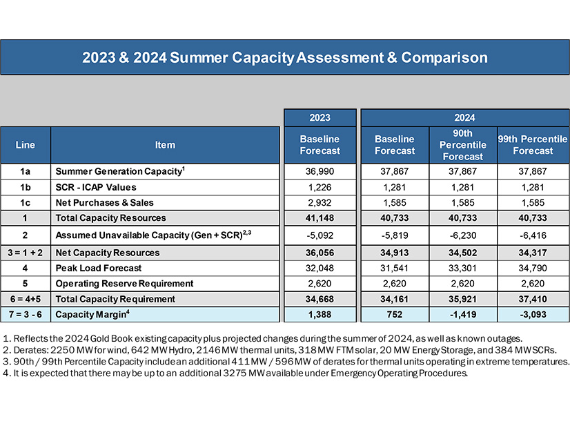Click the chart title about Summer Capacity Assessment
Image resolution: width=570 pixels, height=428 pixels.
285,57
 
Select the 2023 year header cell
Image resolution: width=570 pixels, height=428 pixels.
320,117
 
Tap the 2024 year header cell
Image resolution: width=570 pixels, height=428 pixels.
464,117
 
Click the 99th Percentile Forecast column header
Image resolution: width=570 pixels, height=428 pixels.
533,145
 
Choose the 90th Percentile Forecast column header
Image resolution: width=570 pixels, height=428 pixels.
463,145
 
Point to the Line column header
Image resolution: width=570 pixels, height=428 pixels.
25,145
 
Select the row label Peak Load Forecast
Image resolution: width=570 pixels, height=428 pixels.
99,268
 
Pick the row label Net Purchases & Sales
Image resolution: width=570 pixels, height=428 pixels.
105,203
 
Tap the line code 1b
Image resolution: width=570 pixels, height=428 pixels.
25,187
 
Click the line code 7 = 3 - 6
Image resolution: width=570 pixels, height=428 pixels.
25,315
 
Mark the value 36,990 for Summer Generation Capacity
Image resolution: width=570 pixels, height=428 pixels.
320,171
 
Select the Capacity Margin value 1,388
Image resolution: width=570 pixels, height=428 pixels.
320,315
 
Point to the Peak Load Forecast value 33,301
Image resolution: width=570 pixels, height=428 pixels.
463,268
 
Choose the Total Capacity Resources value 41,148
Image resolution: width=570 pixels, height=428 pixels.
320,219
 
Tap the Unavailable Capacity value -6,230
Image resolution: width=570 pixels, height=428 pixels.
463,235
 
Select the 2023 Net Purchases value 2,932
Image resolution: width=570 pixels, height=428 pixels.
320,203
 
